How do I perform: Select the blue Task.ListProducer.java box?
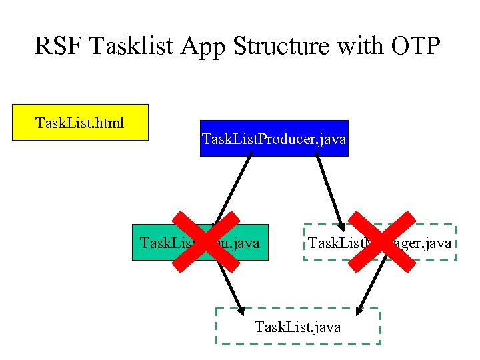[x=274, y=138]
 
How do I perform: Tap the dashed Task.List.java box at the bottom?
[x=298, y=326]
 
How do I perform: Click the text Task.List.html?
[x=80, y=123]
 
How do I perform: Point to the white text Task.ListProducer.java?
[x=274, y=139]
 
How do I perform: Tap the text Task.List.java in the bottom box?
[x=298, y=327]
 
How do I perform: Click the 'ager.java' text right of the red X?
[x=427, y=243]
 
